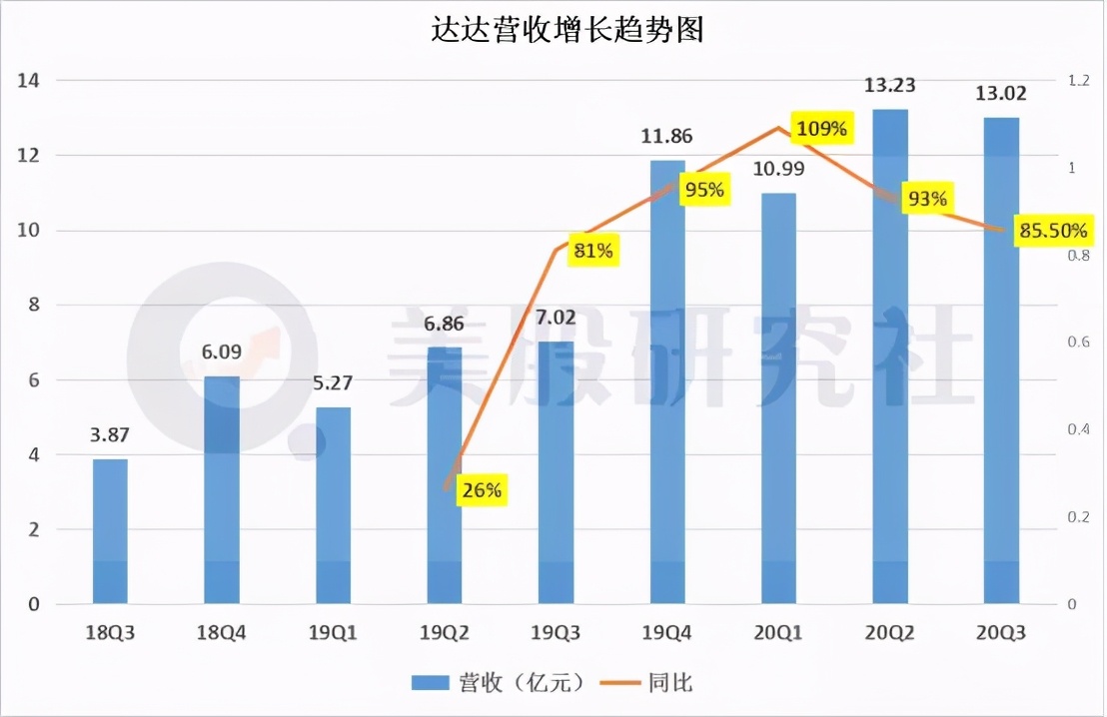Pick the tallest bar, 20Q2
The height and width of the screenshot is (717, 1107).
890,359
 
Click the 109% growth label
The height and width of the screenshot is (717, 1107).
821,129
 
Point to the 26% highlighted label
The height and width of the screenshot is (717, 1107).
482,490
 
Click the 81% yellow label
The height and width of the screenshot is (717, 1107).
592,251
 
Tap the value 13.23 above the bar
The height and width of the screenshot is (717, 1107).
890,86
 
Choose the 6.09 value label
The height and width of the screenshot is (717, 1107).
222,353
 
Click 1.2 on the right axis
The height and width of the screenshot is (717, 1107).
1078,81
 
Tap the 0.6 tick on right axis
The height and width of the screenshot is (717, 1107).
1078,343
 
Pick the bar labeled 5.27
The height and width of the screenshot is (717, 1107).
333,505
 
